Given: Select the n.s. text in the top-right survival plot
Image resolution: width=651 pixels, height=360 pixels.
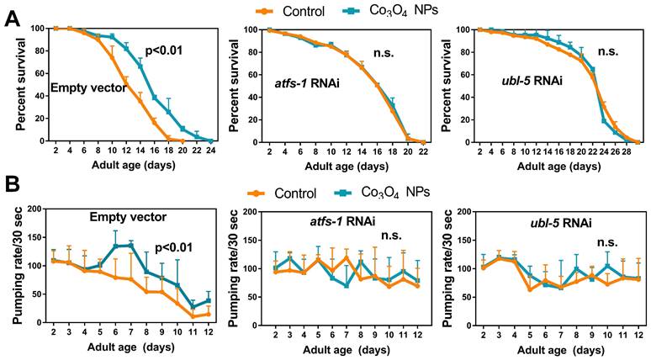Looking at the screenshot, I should [x=584, y=51].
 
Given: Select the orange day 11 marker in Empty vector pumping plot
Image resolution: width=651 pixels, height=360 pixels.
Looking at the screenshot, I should [x=193, y=316].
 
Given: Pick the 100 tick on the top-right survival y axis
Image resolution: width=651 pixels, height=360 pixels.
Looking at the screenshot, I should [x=461, y=30].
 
